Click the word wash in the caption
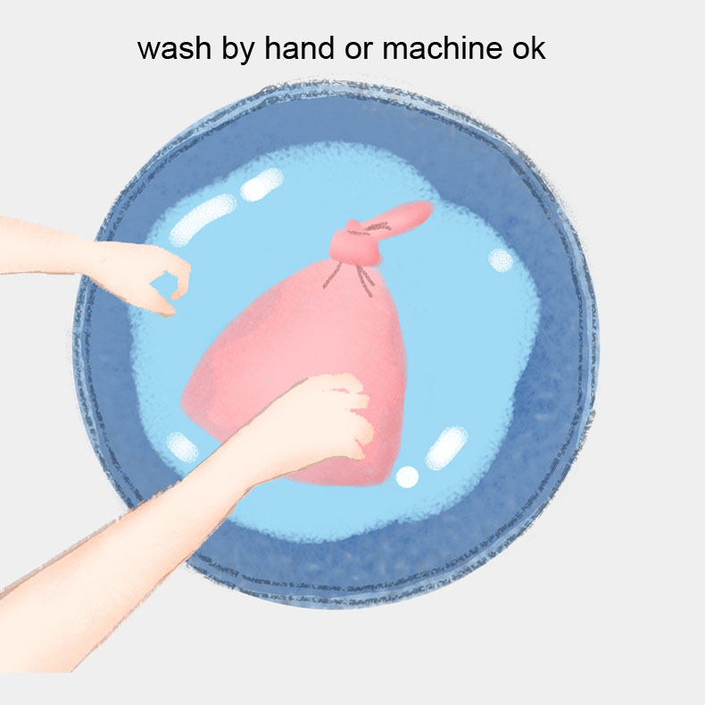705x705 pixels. [x=174, y=48]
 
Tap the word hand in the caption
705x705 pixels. [x=299, y=47]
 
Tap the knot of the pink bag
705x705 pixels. [x=355, y=245]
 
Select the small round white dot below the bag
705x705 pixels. [x=407, y=477]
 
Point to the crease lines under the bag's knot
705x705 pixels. [x=349, y=278]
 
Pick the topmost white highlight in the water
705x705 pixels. [x=261, y=185]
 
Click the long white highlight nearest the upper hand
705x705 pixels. [x=203, y=220]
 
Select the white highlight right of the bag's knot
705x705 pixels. [x=501, y=260]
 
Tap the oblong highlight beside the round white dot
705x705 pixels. [x=446, y=448]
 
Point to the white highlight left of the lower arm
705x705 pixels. [x=182, y=447]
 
